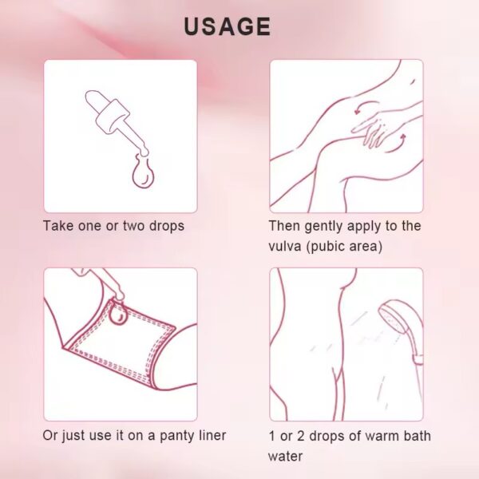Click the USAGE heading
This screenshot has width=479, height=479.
(228, 26)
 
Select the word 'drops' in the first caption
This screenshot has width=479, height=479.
(167, 227)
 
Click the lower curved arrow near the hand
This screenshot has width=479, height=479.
(397, 144)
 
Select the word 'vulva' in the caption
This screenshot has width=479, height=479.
(285, 246)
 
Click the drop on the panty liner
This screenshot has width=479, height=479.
(118, 313)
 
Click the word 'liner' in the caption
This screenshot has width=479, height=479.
(212, 435)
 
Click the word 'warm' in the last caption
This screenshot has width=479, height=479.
(382, 436)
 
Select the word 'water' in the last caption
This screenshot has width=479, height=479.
(285, 457)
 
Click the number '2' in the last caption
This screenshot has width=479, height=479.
(301, 436)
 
